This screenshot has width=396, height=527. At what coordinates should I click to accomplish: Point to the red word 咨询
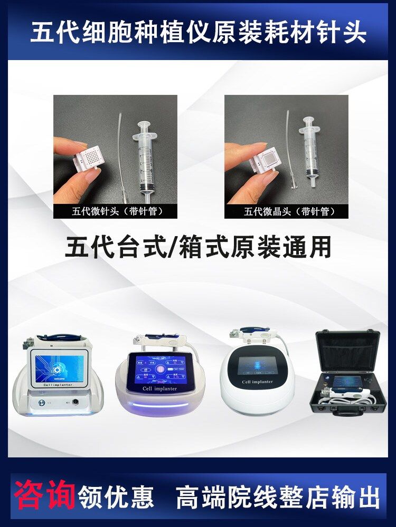pyautogui.click(x=44, y=495)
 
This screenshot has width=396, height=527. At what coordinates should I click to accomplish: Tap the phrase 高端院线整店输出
pyautogui.click(x=278, y=497)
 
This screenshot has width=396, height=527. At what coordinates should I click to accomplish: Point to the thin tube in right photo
pyautogui.click(x=289, y=153)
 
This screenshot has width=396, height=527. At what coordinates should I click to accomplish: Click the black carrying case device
pyautogui.click(x=348, y=374)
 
